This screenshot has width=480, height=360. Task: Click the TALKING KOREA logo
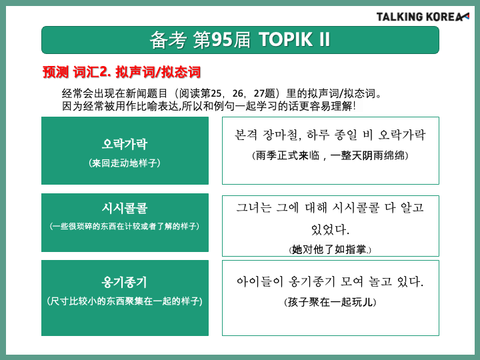click(423, 17)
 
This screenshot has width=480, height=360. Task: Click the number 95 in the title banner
click(221, 40)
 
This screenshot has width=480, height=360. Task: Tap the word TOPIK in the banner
click(285, 40)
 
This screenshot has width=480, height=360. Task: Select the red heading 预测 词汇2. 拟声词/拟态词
click(121, 72)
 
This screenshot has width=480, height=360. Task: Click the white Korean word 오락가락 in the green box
click(125, 144)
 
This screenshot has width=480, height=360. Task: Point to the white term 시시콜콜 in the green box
click(125, 208)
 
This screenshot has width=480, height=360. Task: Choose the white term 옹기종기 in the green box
click(125, 282)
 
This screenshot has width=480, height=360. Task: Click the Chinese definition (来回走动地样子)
click(125, 163)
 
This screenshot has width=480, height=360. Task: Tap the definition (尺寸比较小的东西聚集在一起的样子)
click(125, 301)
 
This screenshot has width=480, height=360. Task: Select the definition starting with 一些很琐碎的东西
click(125, 226)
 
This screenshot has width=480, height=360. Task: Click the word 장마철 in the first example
click(281, 135)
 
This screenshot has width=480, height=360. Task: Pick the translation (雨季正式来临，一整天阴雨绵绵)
click(330, 155)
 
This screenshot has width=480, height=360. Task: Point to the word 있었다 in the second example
click(330, 229)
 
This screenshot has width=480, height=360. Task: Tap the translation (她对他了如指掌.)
click(330, 249)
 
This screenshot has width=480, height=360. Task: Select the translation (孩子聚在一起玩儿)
click(330, 302)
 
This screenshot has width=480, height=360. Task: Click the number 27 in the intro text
click(259, 93)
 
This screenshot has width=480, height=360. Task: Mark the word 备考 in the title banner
click(168, 40)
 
